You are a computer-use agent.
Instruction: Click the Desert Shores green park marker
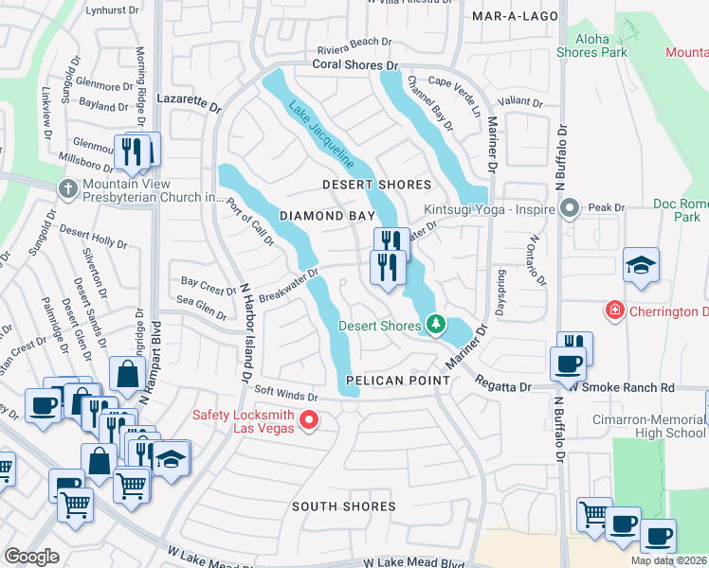coord(435,326)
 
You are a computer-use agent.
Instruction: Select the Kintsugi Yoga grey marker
coord(569,206)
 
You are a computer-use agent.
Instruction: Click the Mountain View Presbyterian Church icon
coord(67,188)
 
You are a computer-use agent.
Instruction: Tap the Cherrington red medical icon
coord(615,311)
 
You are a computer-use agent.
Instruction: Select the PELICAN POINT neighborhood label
coord(390,380)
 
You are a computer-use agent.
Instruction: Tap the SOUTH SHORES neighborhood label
coord(343,506)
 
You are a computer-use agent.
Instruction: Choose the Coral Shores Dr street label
coord(356,65)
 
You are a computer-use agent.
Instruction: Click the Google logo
coord(31,557)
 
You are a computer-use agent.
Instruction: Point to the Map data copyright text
coord(668,560)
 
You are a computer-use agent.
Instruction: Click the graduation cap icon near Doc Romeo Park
coord(641,265)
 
